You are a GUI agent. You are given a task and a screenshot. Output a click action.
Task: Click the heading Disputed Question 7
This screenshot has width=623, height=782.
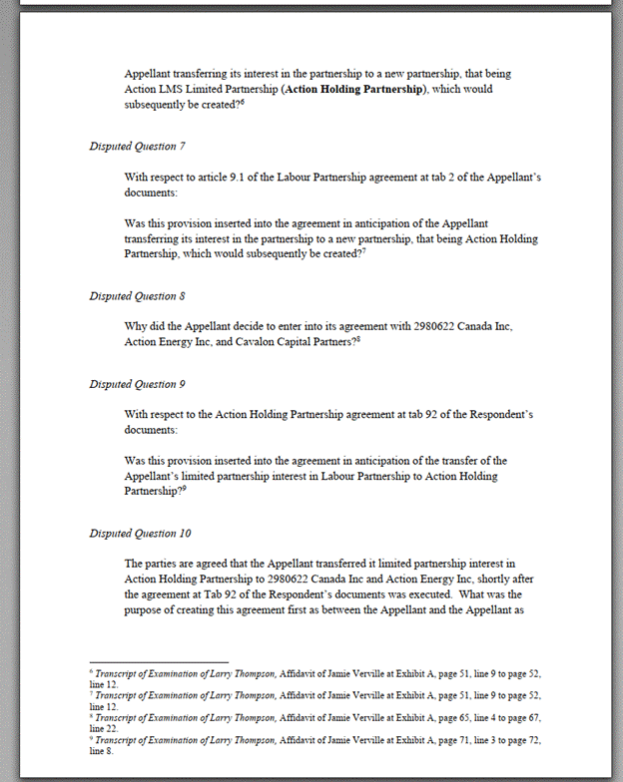pyautogui.click(x=137, y=146)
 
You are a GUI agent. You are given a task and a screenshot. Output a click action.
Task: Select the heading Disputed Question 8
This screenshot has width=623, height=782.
pyautogui.click(x=137, y=296)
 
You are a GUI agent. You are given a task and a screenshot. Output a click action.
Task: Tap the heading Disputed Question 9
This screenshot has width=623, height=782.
pyautogui.click(x=137, y=384)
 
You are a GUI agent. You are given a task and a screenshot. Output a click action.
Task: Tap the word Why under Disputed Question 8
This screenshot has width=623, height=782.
pyautogui.click(x=137, y=326)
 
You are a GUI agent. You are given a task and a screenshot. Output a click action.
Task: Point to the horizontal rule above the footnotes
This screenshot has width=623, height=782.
pyautogui.click(x=159, y=661)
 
